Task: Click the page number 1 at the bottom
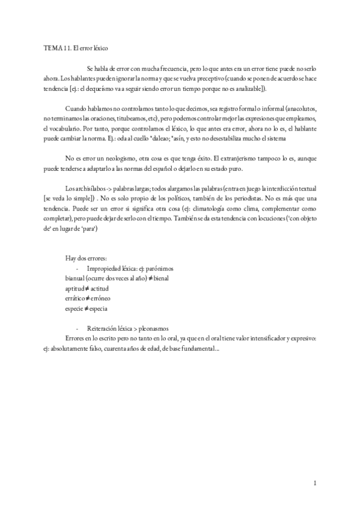[315, 482]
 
